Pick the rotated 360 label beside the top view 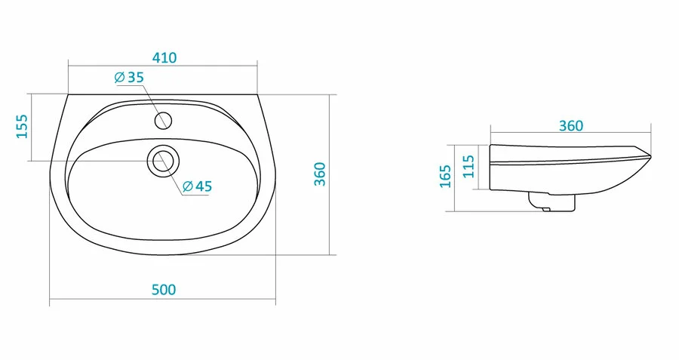319,174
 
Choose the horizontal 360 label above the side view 570,126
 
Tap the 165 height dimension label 445,177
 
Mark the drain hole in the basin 164,160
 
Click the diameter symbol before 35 119,78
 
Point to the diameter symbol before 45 187,186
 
